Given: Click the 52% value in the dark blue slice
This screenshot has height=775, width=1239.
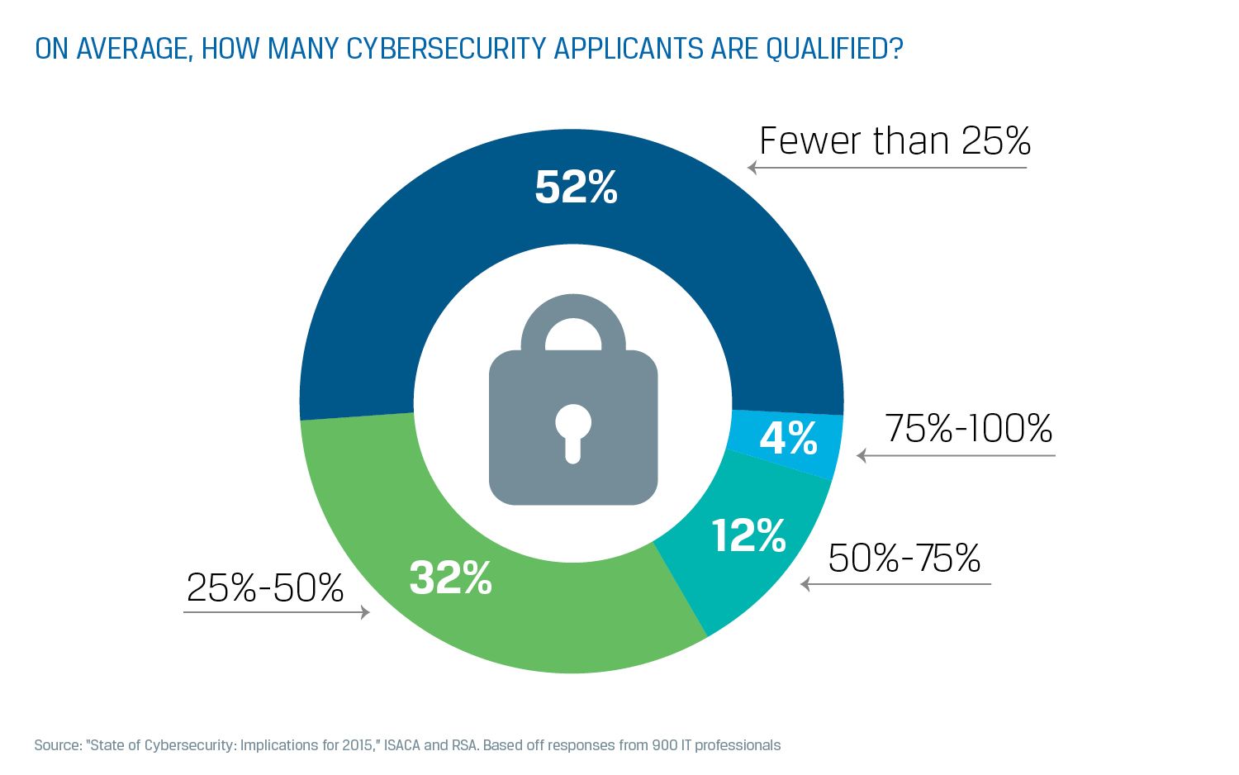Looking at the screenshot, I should point(576,188).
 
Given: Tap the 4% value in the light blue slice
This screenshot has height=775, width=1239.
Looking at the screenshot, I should point(788,438).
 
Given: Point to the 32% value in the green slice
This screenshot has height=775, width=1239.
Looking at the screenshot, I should point(450,578).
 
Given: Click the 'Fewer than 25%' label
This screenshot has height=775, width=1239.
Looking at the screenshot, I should point(895,141).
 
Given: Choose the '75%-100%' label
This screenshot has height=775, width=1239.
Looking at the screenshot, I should point(968,428).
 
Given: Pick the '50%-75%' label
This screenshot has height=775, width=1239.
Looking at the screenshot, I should point(904,559).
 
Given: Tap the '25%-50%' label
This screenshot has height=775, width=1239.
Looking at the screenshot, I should point(264,588).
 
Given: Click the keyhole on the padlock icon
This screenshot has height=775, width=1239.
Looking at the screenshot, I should point(573,430).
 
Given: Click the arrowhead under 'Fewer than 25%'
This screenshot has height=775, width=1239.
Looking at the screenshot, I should point(752,168).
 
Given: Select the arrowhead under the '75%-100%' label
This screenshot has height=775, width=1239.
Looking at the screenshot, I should point(862,455).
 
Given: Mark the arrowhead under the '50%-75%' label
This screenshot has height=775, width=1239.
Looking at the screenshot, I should point(805,584).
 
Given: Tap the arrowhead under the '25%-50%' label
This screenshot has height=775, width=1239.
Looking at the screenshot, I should point(364,612).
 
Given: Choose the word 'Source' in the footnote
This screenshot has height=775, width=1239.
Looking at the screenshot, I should point(57,745).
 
